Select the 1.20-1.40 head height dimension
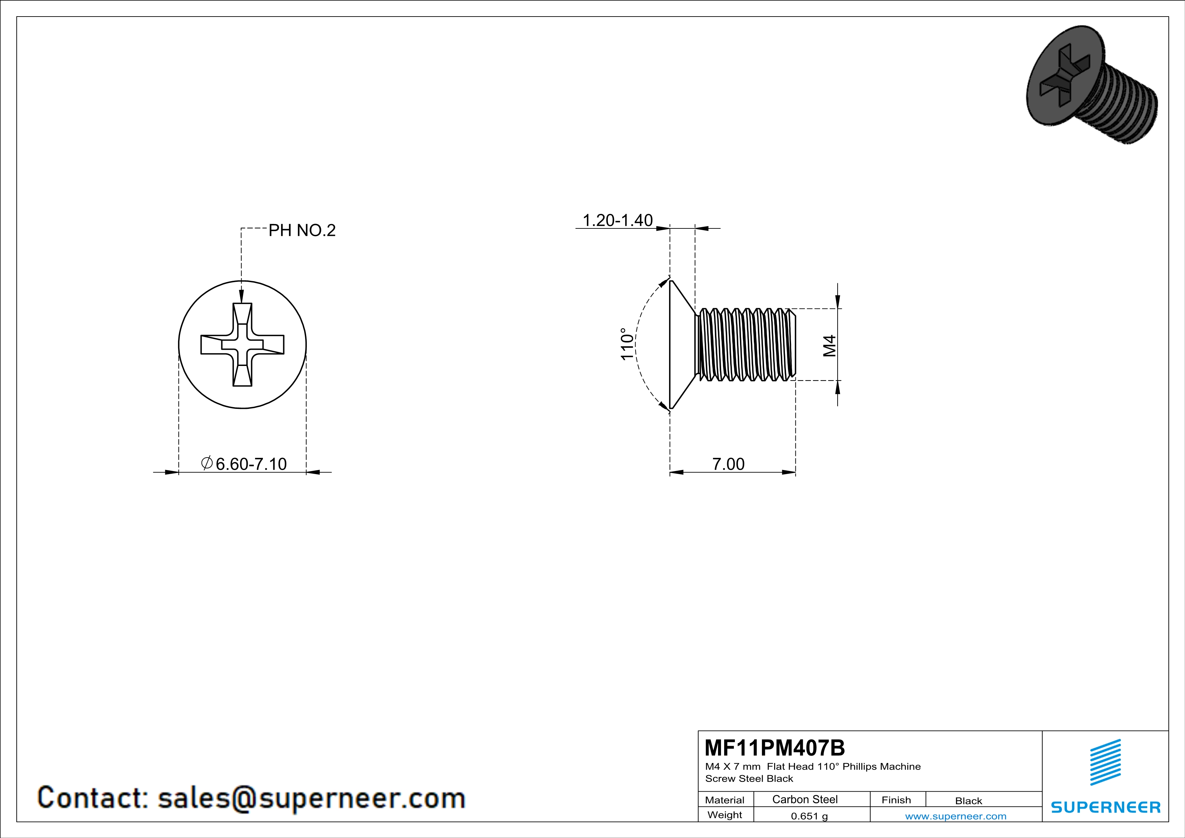[617, 220]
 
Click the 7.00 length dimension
[728, 464]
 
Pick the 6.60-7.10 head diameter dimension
[251, 464]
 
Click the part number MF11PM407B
[775, 747]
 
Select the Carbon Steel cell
[805, 799]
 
